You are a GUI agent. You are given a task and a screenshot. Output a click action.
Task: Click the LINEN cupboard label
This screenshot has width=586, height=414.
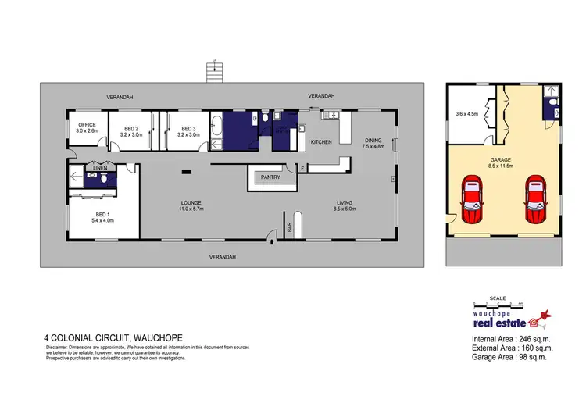tap(100, 168)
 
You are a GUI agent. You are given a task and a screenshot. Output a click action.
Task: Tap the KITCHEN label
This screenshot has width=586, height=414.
tap(322, 142)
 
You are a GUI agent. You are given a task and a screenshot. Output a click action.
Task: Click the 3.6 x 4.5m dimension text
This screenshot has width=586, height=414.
tap(467, 114)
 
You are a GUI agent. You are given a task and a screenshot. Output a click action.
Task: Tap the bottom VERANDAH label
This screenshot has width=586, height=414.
tap(222, 257)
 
